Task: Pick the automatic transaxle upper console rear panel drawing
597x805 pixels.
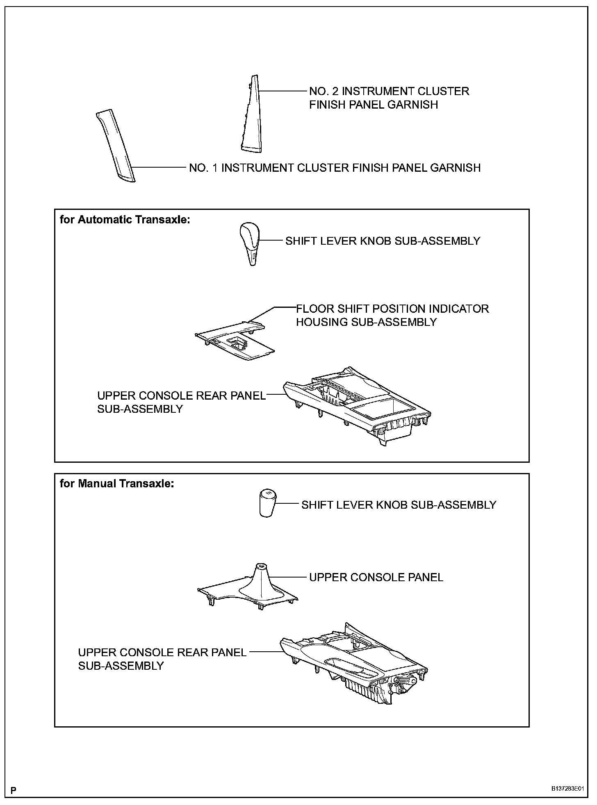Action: click(x=357, y=406)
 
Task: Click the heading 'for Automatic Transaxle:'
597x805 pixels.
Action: click(x=125, y=220)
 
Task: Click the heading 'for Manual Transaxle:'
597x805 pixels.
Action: click(x=117, y=484)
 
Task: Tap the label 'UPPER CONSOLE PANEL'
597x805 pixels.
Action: click(x=376, y=578)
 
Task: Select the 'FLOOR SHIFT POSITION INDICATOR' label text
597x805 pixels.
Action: click(x=392, y=309)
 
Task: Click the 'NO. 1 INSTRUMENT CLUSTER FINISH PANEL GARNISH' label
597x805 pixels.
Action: click(x=335, y=168)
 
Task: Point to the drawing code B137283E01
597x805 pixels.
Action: click(x=567, y=789)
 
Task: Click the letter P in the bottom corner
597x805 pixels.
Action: click(x=13, y=790)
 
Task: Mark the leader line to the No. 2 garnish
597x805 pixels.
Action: click(x=283, y=91)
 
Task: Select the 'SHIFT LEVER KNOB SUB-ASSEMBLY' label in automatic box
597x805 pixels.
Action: click(x=383, y=241)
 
